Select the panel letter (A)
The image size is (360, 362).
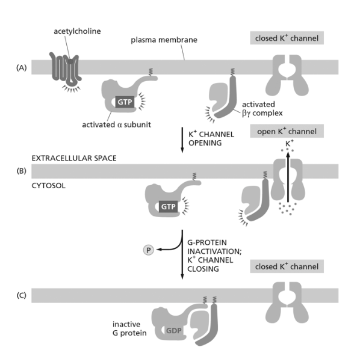22,67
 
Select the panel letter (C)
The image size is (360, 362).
22,295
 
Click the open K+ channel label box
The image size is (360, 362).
287,130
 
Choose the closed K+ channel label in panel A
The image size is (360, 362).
287,38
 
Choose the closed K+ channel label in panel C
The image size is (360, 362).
287,266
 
